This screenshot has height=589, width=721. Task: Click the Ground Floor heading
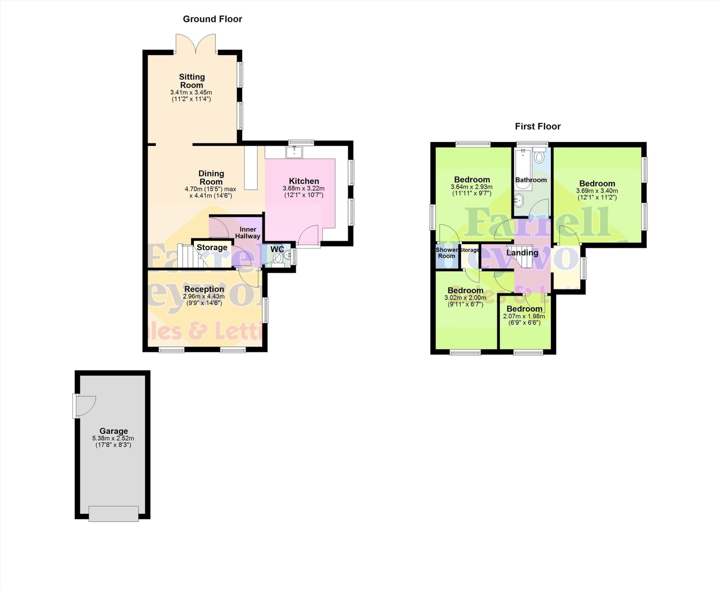[212, 19]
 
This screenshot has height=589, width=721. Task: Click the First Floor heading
[538, 126]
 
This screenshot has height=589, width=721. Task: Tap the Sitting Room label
[192, 81]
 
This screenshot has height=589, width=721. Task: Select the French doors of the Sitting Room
[195, 44]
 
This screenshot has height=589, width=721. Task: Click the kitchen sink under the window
[294, 152]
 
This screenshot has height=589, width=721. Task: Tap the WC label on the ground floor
[277, 249]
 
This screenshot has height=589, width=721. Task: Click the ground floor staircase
[189, 256]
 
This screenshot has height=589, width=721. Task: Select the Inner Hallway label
[248, 233]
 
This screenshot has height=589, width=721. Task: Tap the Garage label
[113, 431]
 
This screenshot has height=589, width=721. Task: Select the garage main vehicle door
[113, 514]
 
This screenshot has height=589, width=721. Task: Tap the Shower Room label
[447, 253]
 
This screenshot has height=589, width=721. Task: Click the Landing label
[522, 253]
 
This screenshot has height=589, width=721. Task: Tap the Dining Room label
[211, 177]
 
